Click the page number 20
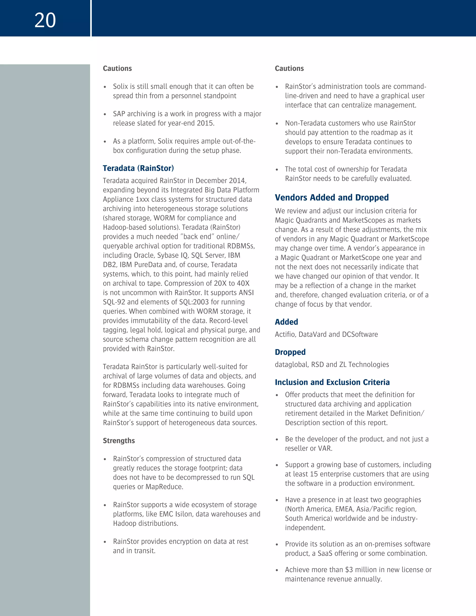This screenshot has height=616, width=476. tap(45, 20)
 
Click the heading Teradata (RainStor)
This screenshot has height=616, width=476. tap(138, 168)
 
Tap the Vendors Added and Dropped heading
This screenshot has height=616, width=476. tap(332, 197)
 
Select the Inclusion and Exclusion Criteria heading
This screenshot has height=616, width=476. tap(332, 382)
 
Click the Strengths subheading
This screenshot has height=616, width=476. tap(119, 440)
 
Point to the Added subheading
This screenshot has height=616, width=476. tap(286, 322)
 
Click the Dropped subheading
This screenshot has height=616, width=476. tap(290, 352)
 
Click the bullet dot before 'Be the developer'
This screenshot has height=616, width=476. tap(277, 439)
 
